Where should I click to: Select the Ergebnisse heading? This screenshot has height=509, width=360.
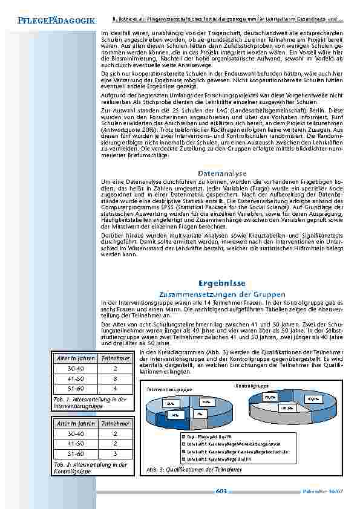[x=221, y=283]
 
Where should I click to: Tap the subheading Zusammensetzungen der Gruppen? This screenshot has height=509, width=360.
[x=221, y=293]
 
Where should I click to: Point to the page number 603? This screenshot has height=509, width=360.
[x=221, y=491]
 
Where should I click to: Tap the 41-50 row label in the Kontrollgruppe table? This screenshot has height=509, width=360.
[x=76, y=444]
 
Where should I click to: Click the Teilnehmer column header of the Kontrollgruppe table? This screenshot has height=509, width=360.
[x=115, y=424]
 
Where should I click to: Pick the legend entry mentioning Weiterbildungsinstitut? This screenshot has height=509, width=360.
[x=224, y=443]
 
